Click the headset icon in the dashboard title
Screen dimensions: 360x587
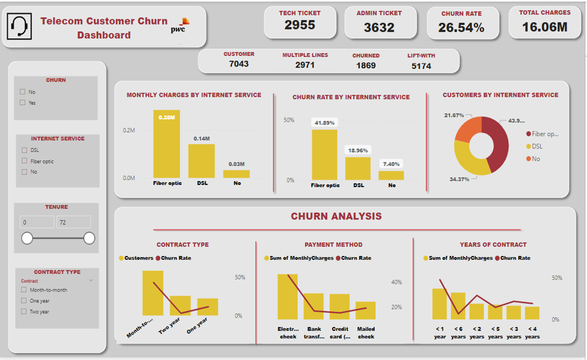click(x=19, y=27)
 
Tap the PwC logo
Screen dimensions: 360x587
click(x=180, y=26)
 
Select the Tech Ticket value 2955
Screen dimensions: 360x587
click(x=300, y=25)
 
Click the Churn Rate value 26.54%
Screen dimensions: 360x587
click(x=461, y=27)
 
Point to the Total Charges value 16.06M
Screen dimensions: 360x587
click(x=545, y=27)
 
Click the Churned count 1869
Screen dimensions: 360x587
click(x=366, y=65)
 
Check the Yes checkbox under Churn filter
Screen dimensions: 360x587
click(x=23, y=102)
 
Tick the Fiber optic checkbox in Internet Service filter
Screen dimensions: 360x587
click(x=24, y=161)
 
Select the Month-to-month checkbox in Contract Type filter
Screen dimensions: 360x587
click(x=24, y=290)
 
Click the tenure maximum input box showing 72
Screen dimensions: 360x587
click(x=73, y=222)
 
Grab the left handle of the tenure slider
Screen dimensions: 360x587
click(x=27, y=239)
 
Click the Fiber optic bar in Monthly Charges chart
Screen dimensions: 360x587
click(x=166, y=144)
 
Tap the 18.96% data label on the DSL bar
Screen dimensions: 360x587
click(x=358, y=151)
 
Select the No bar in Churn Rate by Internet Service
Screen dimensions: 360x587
click(x=391, y=175)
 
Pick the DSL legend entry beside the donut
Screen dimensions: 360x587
click(x=536, y=146)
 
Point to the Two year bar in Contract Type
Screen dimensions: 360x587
click(x=180, y=305)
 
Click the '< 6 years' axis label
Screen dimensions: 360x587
click(x=458, y=332)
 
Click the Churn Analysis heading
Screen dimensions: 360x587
click(x=336, y=216)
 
